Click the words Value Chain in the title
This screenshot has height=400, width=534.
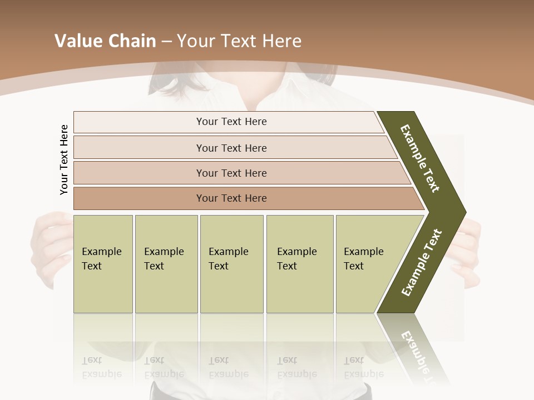[x=105, y=41]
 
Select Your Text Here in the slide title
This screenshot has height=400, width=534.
[x=239, y=41]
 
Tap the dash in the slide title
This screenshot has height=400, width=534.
[x=166, y=42]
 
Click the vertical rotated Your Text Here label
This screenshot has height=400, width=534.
[x=64, y=160]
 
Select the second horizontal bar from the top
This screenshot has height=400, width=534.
[x=231, y=148]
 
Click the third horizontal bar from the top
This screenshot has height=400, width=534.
[x=231, y=173]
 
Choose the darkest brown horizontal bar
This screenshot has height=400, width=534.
[x=231, y=198]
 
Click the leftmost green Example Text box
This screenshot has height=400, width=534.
[x=103, y=264]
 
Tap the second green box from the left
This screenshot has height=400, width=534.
[x=166, y=264]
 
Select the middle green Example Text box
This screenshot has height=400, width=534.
[x=231, y=264]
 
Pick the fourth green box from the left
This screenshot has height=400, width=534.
[x=299, y=264]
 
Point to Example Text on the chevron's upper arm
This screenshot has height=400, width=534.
[x=420, y=158]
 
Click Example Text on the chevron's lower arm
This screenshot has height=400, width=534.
[x=422, y=262]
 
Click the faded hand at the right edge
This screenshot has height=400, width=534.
[x=470, y=250]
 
